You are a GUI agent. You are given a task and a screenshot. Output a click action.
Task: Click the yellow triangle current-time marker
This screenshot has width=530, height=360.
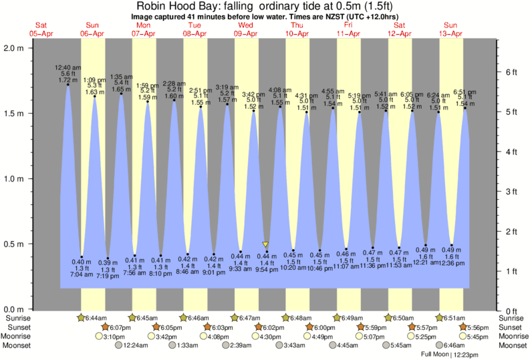pyautogui.click(x=266, y=244)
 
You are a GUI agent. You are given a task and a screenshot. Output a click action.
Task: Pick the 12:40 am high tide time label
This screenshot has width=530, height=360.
pyautogui.click(x=69, y=67)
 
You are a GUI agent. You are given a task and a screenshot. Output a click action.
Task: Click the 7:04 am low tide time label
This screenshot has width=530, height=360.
pyautogui.click(x=82, y=275)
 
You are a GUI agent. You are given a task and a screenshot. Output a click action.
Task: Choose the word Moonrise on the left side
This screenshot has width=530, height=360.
pyautogui.click(x=17, y=337)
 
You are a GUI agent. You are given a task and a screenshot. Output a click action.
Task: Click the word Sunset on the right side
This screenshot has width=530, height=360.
pyautogui.click(x=512, y=328)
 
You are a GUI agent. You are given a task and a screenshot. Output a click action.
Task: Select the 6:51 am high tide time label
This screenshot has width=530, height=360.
pyautogui.click(x=465, y=92)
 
